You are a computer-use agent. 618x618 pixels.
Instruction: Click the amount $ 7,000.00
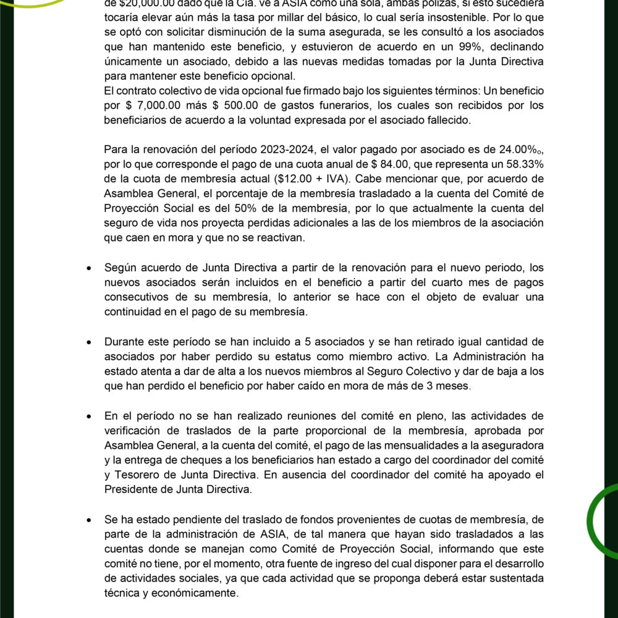click(x=153, y=105)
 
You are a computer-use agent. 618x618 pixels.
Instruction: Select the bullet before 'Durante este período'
click(x=90, y=342)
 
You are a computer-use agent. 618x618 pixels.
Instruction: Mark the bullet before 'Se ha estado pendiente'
click(x=90, y=520)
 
